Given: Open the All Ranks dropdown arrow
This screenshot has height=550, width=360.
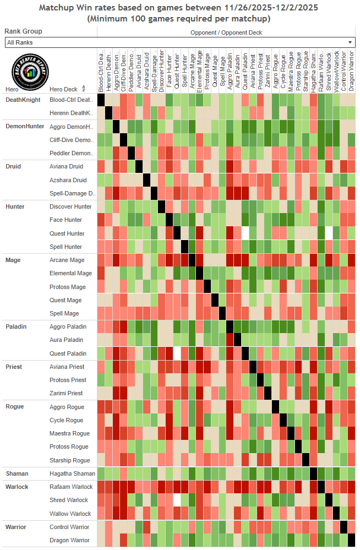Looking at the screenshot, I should [x=350, y=42].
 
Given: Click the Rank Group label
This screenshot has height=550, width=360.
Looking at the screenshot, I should [x=23, y=31].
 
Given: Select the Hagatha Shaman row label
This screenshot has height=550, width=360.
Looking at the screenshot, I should [x=72, y=473].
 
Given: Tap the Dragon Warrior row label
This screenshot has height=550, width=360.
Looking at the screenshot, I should [x=69, y=541].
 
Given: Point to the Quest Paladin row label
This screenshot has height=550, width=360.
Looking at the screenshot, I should [x=68, y=353].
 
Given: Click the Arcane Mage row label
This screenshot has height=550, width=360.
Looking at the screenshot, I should [x=67, y=260].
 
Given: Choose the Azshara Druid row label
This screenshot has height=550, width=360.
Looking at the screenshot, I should [x=68, y=180].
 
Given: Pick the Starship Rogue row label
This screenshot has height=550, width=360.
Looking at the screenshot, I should [x=69, y=460].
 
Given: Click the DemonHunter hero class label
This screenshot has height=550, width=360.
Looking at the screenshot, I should [x=25, y=126].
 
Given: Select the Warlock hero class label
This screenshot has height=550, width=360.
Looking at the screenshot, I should [x=17, y=487].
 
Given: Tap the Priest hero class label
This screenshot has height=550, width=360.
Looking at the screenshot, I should [x=14, y=367].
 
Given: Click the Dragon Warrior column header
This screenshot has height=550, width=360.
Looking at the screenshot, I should [x=351, y=71].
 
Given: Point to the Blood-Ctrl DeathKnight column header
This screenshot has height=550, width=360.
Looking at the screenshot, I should [x=101, y=71].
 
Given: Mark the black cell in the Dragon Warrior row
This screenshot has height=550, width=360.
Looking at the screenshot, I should [x=351, y=540].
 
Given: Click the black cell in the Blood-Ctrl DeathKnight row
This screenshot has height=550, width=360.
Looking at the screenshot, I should [x=101, y=100].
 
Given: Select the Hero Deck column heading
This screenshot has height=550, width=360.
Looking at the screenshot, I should [x=64, y=89].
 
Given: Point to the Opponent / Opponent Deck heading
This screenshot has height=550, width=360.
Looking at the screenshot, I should [x=226, y=32].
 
